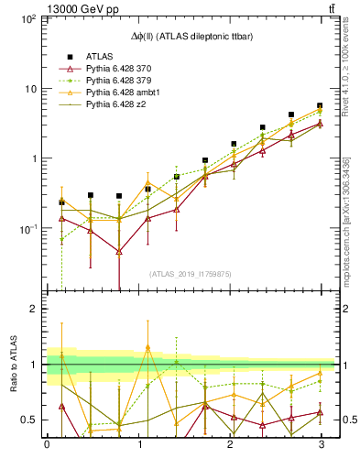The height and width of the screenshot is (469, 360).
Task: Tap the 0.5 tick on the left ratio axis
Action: coord(27,420)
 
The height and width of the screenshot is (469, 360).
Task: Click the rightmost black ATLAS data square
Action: coord(320,105)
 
